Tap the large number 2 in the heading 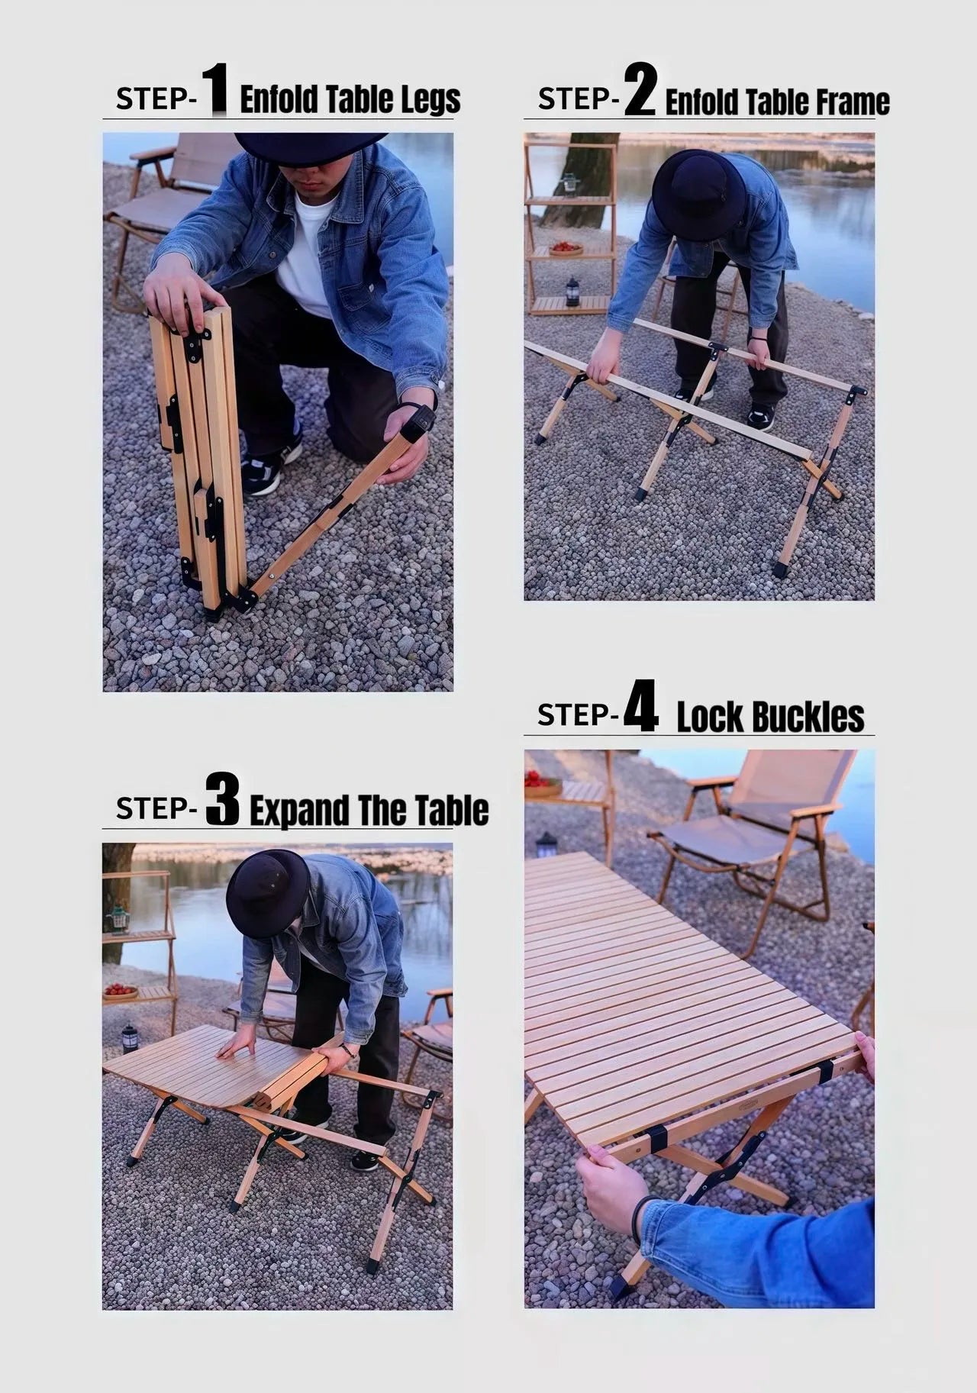pyautogui.click(x=640, y=90)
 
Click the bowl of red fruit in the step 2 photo pyautogui.click(x=565, y=247)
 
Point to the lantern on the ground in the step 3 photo pyautogui.click(x=130, y=1039)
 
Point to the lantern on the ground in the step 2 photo pyautogui.click(x=572, y=291)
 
